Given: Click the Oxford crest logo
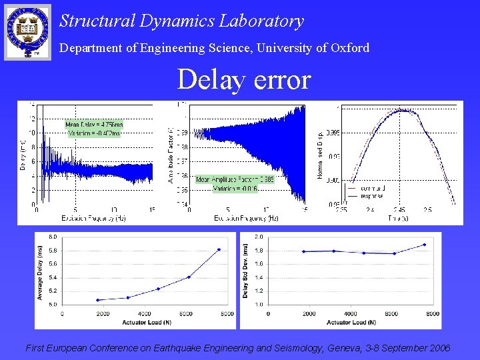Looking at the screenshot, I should [x=27, y=31].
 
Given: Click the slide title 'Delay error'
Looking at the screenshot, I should [x=244, y=80].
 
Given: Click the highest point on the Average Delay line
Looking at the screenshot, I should [x=219, y=249].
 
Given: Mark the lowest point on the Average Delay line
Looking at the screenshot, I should [x=98, y=300].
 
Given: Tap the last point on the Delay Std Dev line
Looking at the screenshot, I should [x=424, y=245].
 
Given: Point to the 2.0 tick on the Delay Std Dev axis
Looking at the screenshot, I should [x=259, y=237].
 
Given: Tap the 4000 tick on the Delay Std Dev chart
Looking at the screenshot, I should [x=350, y=313].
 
